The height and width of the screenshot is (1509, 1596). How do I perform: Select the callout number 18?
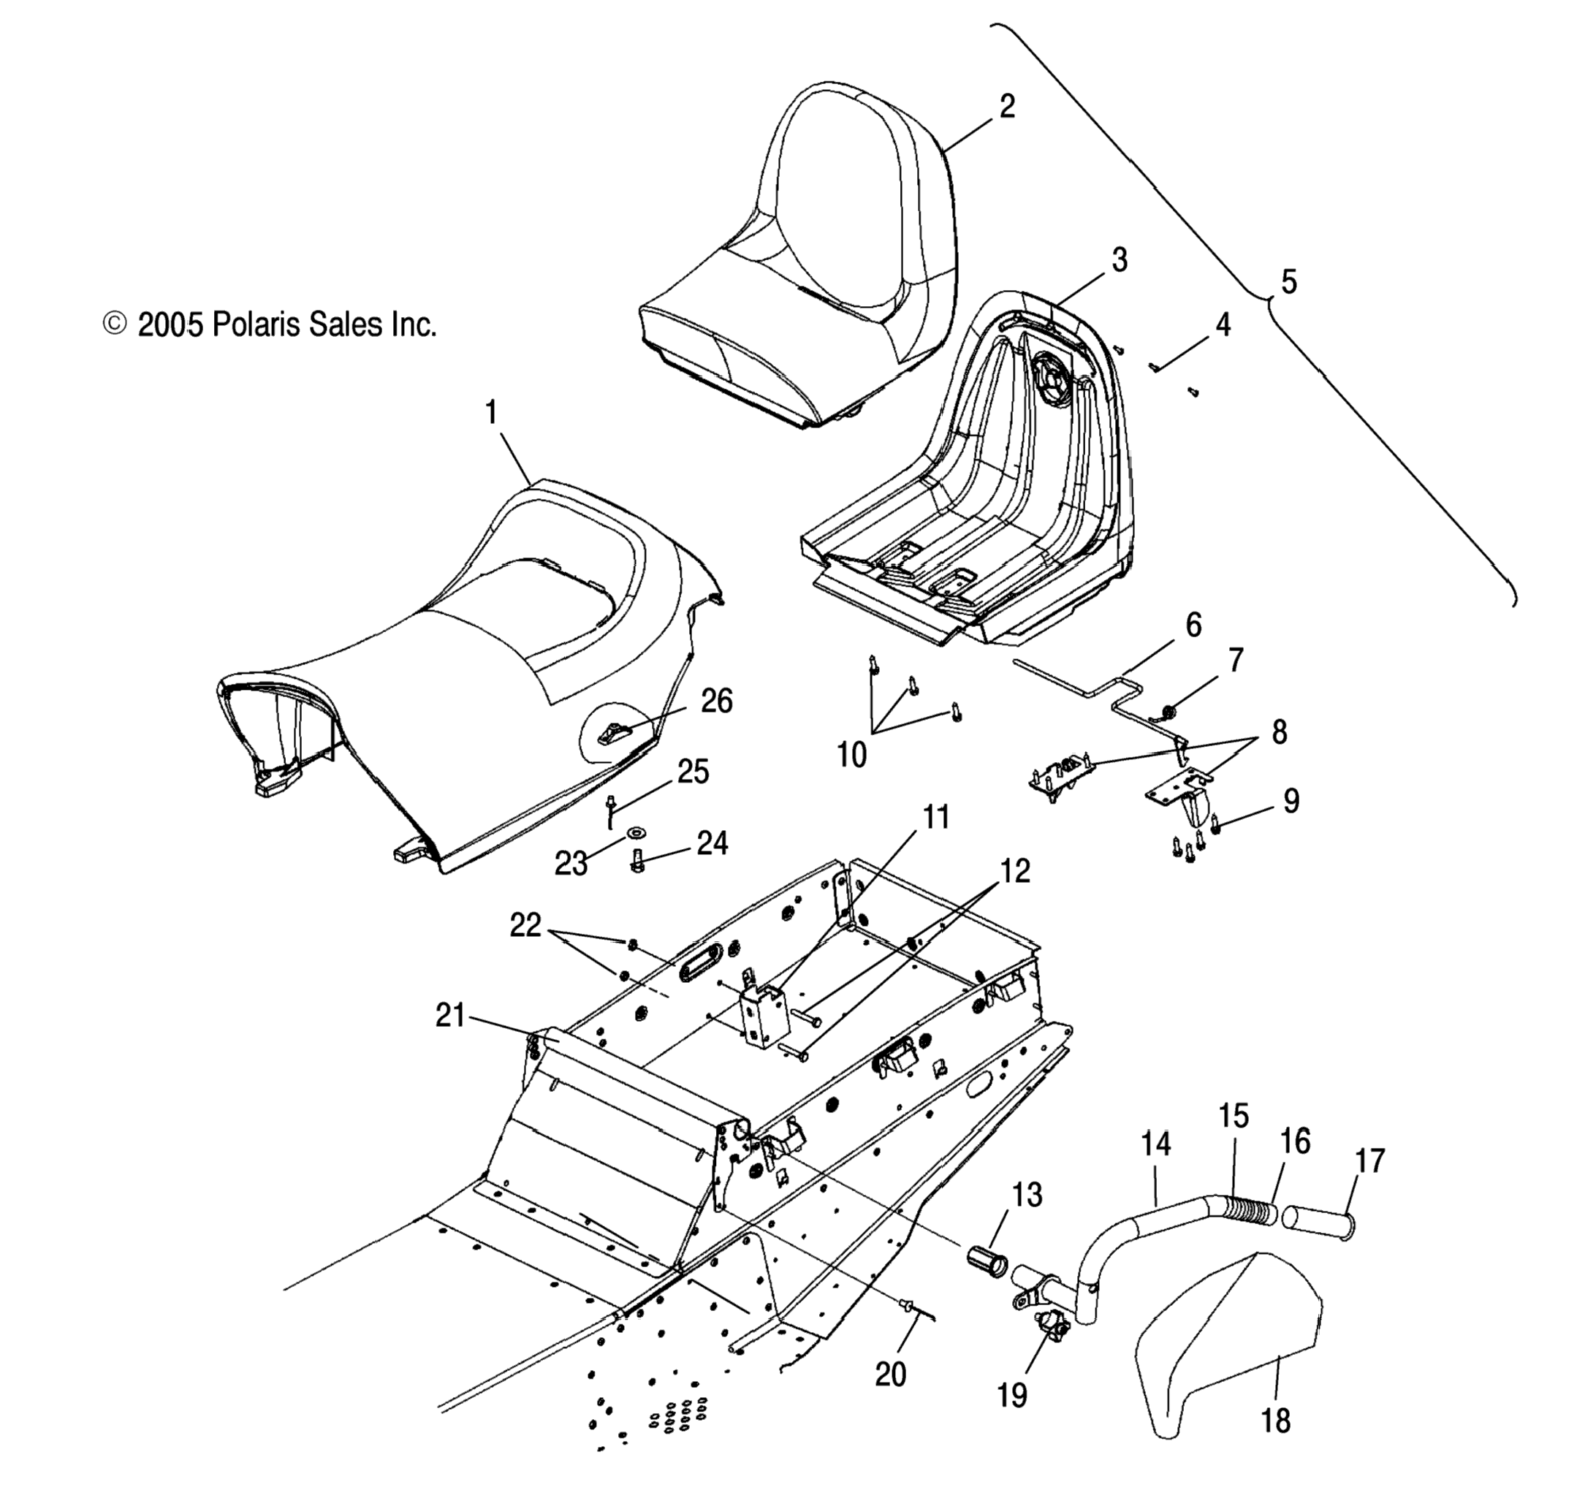pyautogui.click(x=1276, y=1421)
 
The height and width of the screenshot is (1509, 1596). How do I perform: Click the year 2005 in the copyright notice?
pyautogui.click(x=170, y=324)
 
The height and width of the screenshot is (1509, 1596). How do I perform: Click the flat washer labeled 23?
pyautogui.click(x=637, y=829)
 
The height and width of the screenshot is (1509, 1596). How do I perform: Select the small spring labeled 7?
pyautogui.click(x=1168, y=711)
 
